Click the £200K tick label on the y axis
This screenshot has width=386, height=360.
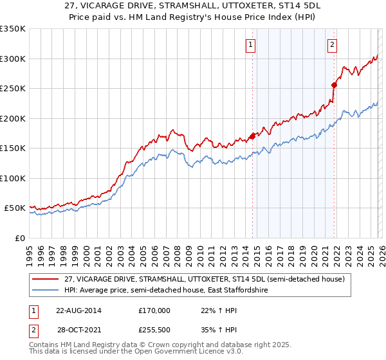13,118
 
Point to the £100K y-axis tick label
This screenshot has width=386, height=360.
13,178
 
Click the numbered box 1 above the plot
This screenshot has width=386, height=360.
250,45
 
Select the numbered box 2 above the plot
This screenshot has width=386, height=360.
332,45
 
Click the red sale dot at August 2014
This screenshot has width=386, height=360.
252,136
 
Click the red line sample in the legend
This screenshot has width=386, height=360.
45,279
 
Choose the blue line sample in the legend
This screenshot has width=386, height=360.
45,291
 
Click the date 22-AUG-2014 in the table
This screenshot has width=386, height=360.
78,310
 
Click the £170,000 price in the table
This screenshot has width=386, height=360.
154,310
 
